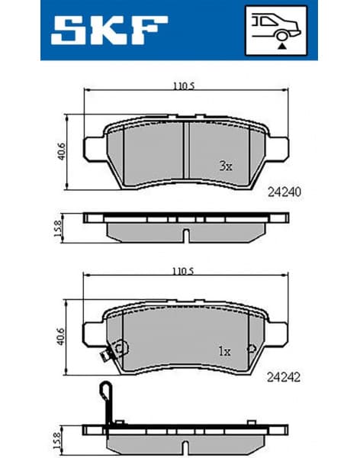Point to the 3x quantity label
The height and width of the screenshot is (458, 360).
[225, 165]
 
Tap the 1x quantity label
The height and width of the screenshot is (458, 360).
[224, 351]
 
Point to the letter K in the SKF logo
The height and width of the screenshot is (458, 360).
[109, 31]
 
